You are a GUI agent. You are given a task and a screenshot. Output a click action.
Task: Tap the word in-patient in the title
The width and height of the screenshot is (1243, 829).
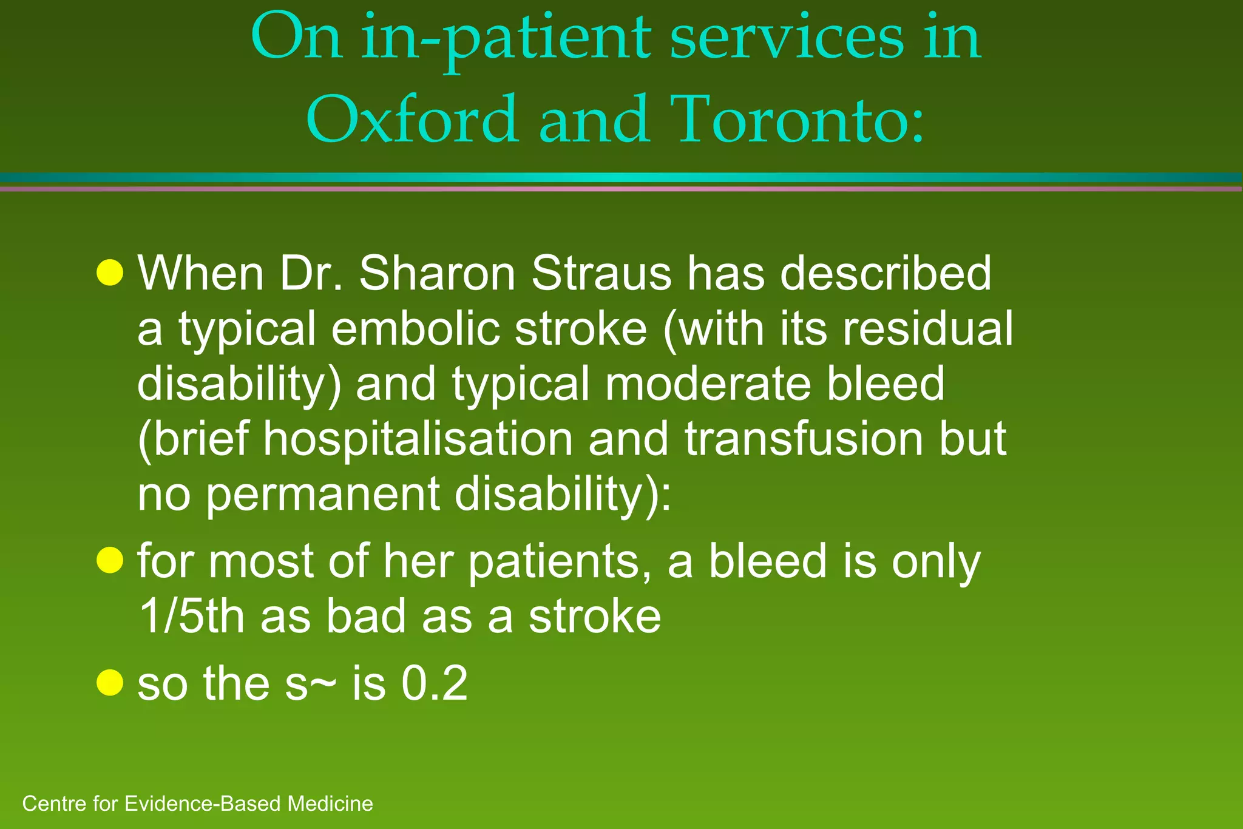(x=507, y=39)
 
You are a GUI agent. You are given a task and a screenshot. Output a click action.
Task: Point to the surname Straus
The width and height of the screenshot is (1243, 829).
(x=601, y=273)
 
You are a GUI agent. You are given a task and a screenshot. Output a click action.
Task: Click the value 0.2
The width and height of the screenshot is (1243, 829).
(x=435, y=683)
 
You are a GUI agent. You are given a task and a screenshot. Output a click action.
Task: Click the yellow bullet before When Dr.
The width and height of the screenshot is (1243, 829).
(x=110, y=272)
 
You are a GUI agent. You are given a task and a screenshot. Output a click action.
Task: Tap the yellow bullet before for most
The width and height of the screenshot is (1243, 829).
(x=110, y=560)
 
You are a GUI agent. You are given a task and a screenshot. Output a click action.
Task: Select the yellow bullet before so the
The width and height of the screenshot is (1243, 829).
(x=110, y=683)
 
